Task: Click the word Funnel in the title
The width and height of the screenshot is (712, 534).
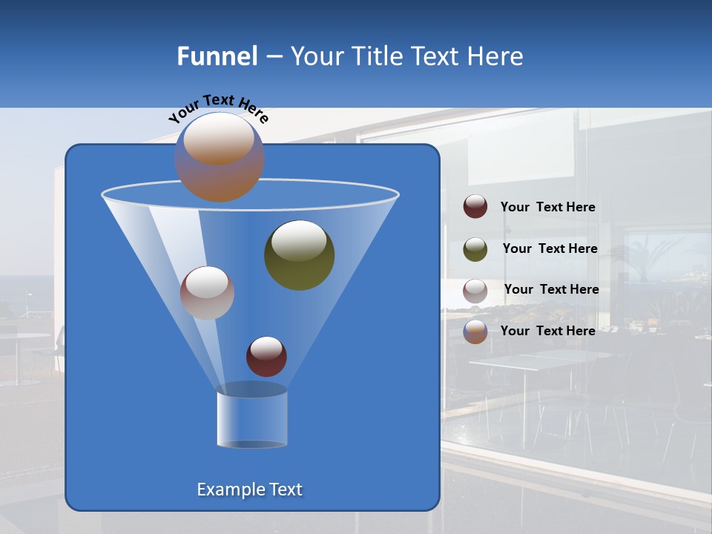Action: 217,56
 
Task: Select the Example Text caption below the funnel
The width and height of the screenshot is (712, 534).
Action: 249,489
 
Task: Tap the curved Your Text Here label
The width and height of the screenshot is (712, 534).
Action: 218,108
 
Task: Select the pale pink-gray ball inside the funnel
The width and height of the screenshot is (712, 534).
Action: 207,293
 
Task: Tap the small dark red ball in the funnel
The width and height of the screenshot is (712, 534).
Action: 266,357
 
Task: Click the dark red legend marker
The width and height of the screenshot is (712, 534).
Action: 475,207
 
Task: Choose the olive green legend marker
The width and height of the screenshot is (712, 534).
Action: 475,248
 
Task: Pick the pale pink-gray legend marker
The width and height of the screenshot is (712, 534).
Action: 475,290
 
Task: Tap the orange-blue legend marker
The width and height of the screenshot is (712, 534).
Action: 475,332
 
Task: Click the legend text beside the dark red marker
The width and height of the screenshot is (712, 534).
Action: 547,208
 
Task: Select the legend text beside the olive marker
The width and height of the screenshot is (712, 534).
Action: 550,248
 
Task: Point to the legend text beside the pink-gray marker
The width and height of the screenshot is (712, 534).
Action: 551,289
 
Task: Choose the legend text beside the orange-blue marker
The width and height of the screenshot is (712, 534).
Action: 547,331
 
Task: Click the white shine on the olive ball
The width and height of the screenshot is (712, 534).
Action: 298,240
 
